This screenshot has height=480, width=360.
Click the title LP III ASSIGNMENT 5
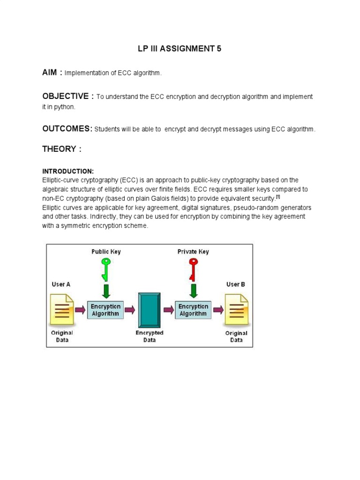180,49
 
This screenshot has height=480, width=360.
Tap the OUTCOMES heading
67,128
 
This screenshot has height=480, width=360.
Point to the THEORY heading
62,149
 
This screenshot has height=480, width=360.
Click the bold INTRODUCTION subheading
68,171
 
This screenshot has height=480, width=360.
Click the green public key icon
106,268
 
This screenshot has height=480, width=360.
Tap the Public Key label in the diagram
106,252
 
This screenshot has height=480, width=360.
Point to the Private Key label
193,252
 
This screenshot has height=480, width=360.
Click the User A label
61,284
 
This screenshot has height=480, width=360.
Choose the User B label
236,284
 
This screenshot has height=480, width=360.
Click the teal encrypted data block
150,309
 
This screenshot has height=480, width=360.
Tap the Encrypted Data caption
150,336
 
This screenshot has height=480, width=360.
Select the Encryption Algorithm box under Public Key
105,310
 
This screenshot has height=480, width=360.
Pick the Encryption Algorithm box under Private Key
193,310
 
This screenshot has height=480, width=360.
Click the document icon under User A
62,309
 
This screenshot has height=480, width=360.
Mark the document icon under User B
236,309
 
